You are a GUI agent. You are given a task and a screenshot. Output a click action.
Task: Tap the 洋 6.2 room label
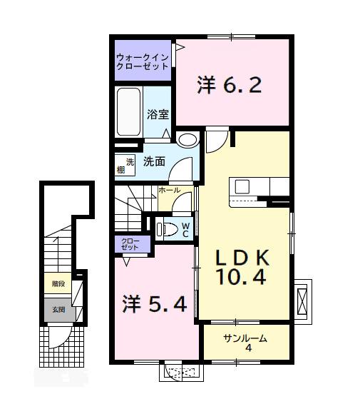(x=230, y=86)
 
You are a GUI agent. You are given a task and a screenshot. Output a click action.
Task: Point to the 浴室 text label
(x=157, y=113)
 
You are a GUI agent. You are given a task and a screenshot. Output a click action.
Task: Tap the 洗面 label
(x=154, y=161)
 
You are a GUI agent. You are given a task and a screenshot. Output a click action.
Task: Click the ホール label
(x=169, y=191)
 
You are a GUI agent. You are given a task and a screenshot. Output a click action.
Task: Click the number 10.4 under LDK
(x=242, y=277)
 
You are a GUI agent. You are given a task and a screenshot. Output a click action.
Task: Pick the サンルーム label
(x=245, y=339)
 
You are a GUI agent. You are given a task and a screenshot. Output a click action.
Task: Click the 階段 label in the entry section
(x=57, y=283)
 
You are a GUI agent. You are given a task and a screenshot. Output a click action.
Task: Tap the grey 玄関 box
(x=57, y=309)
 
